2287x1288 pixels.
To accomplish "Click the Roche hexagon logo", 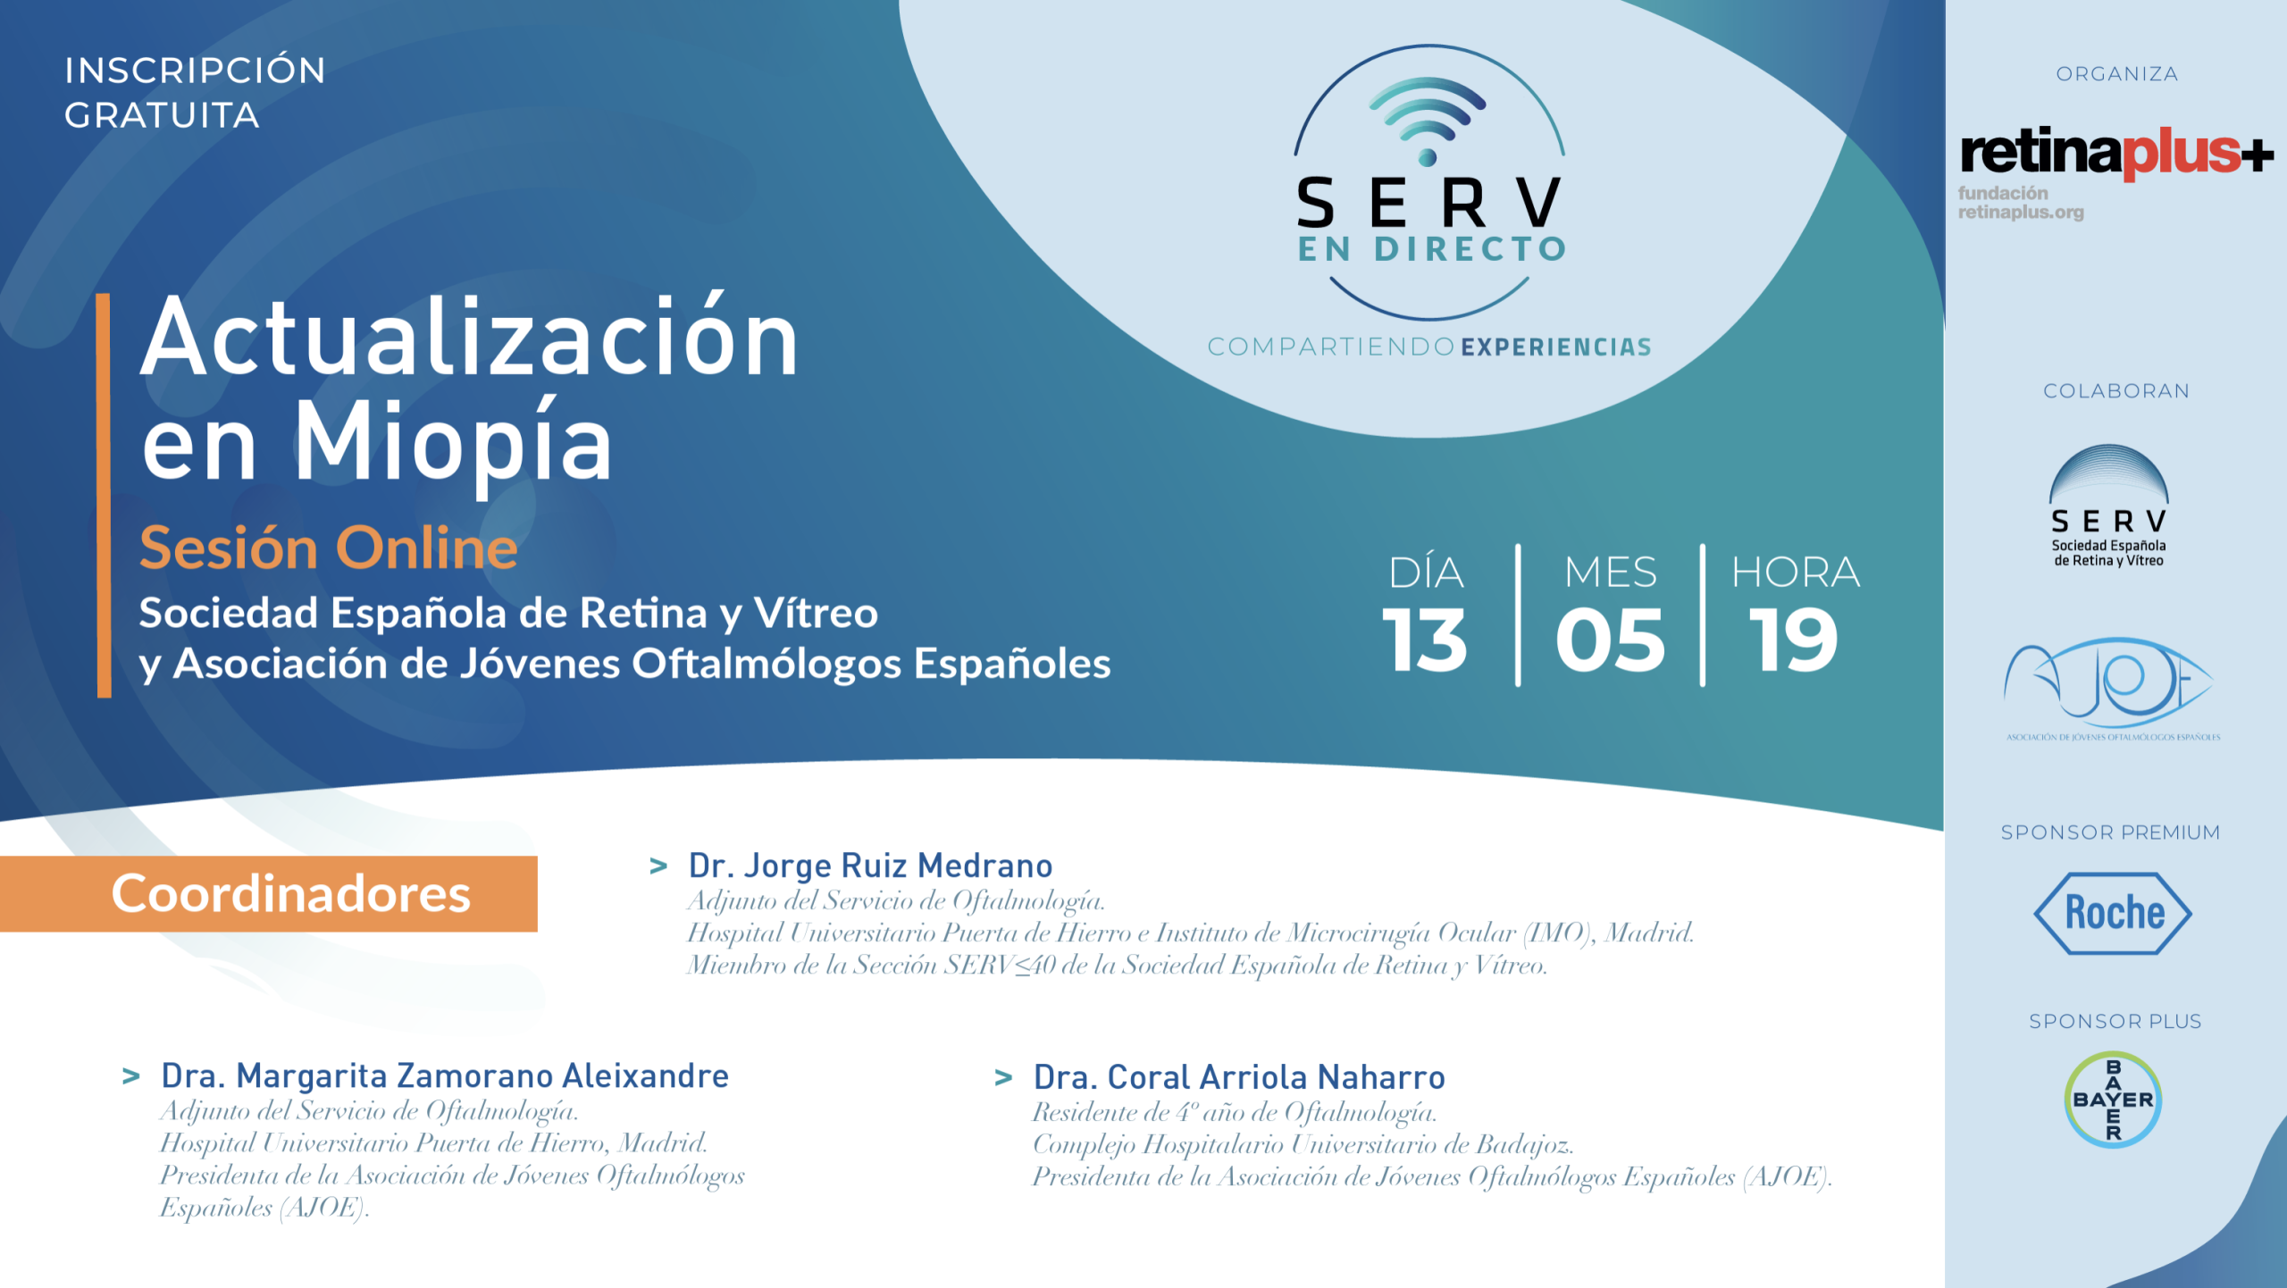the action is [x=2113, y=913].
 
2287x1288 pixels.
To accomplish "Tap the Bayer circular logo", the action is [x=2113, y=1100].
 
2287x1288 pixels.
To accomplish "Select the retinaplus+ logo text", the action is [x=2116, y=154].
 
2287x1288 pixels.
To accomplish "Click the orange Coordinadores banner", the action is [x=269, y=894].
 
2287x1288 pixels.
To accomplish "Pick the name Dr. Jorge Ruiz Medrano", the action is [x=870, y=866].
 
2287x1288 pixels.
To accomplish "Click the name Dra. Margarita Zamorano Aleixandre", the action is [x=445, y=1076].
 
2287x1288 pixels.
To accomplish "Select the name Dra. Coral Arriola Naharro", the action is [x=1239, y=1078].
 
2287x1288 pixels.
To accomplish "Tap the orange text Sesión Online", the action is [x=328, y=548].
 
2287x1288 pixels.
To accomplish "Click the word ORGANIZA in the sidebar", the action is [x=2116, y=74].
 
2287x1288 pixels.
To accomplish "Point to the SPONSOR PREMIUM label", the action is [x=2110, y=832].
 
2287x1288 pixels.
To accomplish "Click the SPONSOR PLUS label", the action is [x=2115, y=1021].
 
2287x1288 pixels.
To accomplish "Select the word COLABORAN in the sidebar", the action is [x=2116, y=391].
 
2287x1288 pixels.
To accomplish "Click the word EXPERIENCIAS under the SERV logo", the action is [x=1555, y=347].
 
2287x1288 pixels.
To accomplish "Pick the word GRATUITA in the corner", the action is [x=162, y=115].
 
